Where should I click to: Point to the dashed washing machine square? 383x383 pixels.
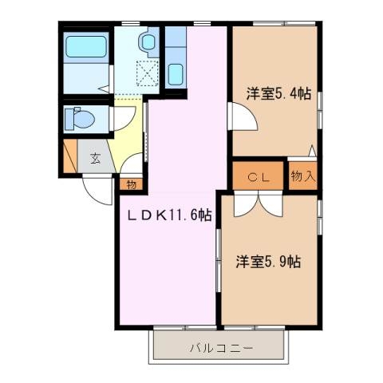click(x=148, y=74)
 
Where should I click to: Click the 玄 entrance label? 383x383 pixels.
click(x=95, y=158)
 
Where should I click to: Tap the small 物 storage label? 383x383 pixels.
click(x=130, y=184)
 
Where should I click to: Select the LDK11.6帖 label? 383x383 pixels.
click(x=165, y=215)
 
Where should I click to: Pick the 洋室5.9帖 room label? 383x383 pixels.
click(x=267, y=261)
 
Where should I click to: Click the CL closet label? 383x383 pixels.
click(x=257, y=177)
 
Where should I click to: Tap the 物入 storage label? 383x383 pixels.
click(x=302, y=176)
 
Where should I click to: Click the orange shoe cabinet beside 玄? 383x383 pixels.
click(x=70, y=156)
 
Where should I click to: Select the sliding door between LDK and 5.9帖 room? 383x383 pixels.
click(x=218, y=271)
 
